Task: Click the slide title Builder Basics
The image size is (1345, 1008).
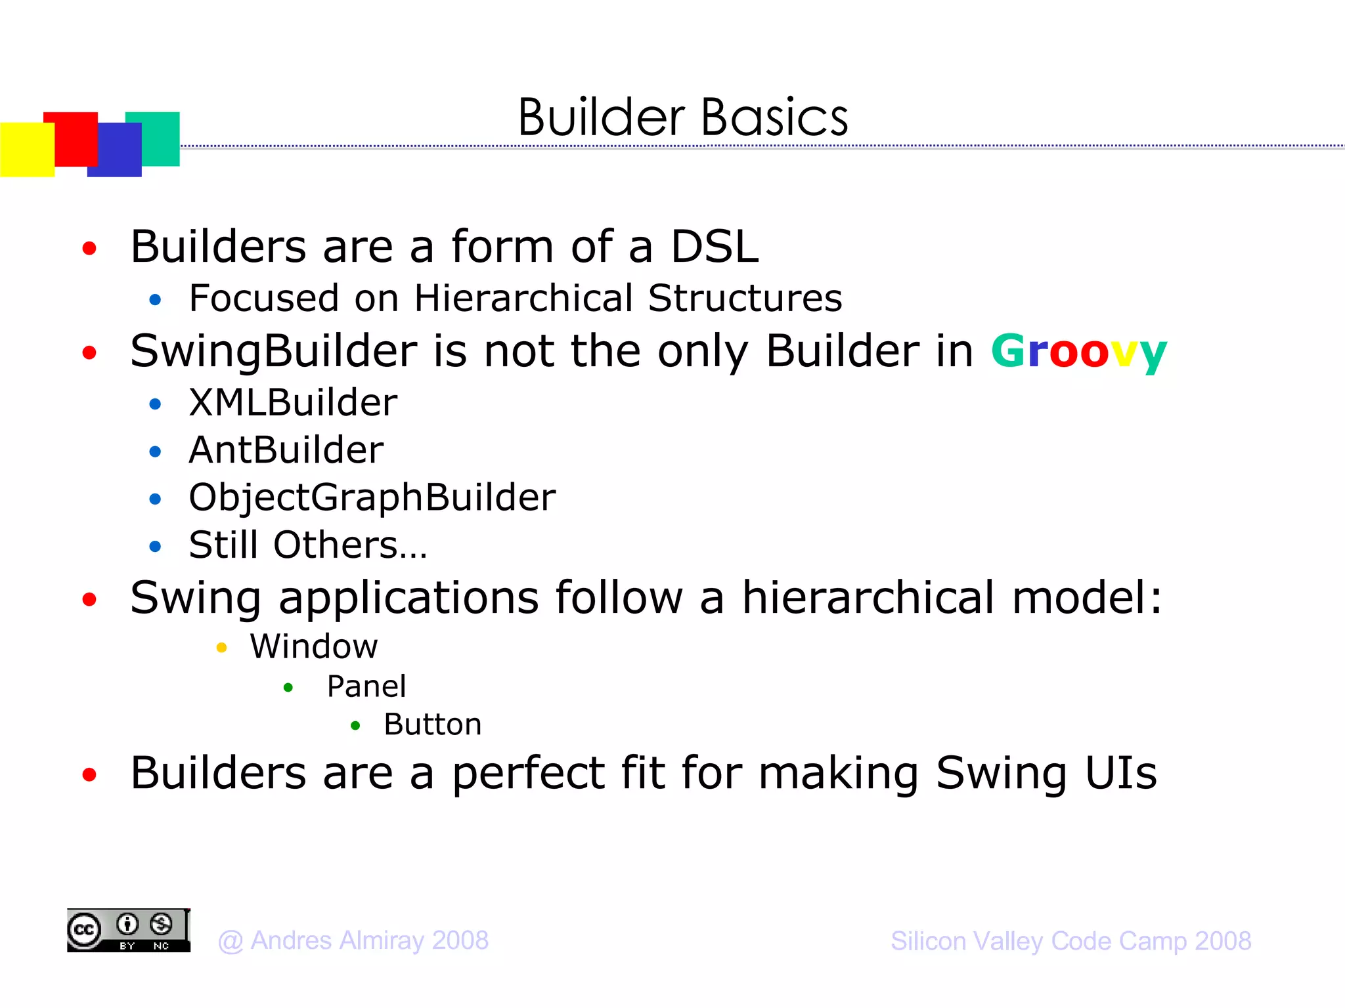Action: (683, 118)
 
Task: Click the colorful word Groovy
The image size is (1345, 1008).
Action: (1078, 352)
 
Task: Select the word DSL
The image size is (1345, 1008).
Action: (715, 247)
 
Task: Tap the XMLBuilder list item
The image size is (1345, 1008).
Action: (293, 402)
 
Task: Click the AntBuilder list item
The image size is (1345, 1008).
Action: (286, 450)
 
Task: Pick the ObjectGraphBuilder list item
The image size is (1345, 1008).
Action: (372, 497)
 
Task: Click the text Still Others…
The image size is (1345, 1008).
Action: (307, 545)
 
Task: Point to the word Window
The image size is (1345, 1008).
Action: (314, 647)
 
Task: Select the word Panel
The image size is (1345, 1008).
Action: (366, 686)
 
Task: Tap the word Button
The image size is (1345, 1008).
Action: (432, 724)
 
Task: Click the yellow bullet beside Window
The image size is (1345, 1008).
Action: (221, 648)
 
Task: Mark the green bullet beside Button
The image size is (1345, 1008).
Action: (355, 726)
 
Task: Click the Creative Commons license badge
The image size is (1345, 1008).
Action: (129, 931)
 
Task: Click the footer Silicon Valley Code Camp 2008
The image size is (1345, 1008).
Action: (1070, 941)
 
